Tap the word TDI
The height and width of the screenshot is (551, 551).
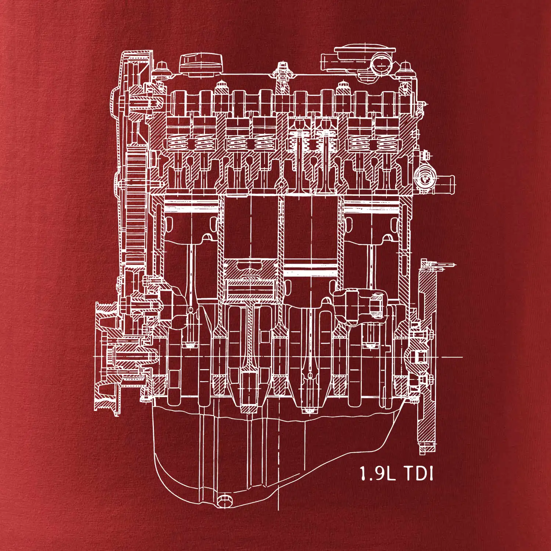click(x=419, y=473)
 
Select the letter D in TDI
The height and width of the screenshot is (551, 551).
click(x=421, y=473)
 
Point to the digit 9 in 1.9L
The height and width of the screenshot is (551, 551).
click(x=377, y=473)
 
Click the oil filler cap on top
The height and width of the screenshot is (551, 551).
click(x=201, y=65)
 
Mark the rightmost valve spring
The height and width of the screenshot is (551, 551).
click(x=386, y=142)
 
